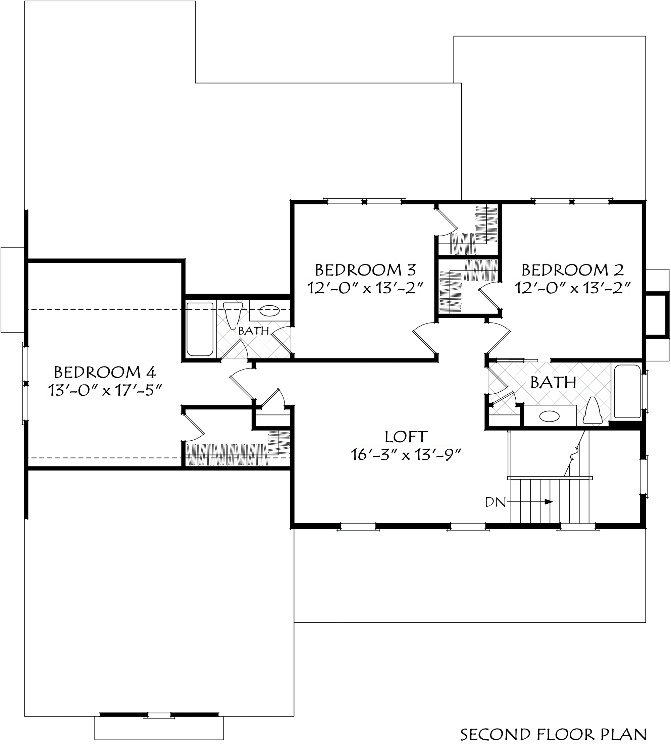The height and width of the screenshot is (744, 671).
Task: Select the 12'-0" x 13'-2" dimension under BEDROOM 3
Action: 363,288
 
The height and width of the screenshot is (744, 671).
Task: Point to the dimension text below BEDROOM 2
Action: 571,288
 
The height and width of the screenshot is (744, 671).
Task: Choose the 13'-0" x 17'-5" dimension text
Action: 104,390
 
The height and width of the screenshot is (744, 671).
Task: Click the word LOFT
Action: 405,437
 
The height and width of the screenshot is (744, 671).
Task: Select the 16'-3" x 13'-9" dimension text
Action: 404,455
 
